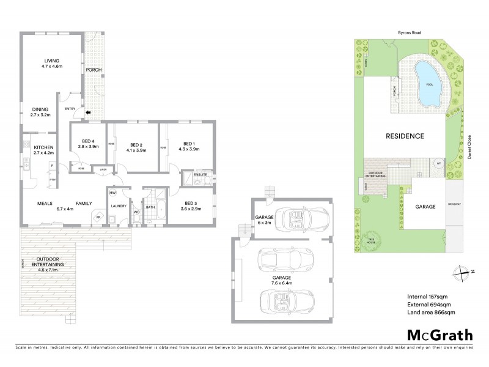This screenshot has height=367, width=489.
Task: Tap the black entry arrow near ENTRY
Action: [87, 113]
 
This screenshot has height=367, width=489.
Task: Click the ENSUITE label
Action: [200, 175]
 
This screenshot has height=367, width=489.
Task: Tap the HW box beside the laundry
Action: [112, 193]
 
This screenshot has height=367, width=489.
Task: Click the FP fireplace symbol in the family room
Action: [97, 217]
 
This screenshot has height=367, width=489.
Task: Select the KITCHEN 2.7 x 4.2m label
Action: [43, 150]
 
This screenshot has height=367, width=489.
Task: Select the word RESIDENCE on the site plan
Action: [404, 136]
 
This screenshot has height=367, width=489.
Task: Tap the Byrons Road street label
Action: [404, 33]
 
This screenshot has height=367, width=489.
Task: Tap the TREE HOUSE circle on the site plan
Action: [370, 240]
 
